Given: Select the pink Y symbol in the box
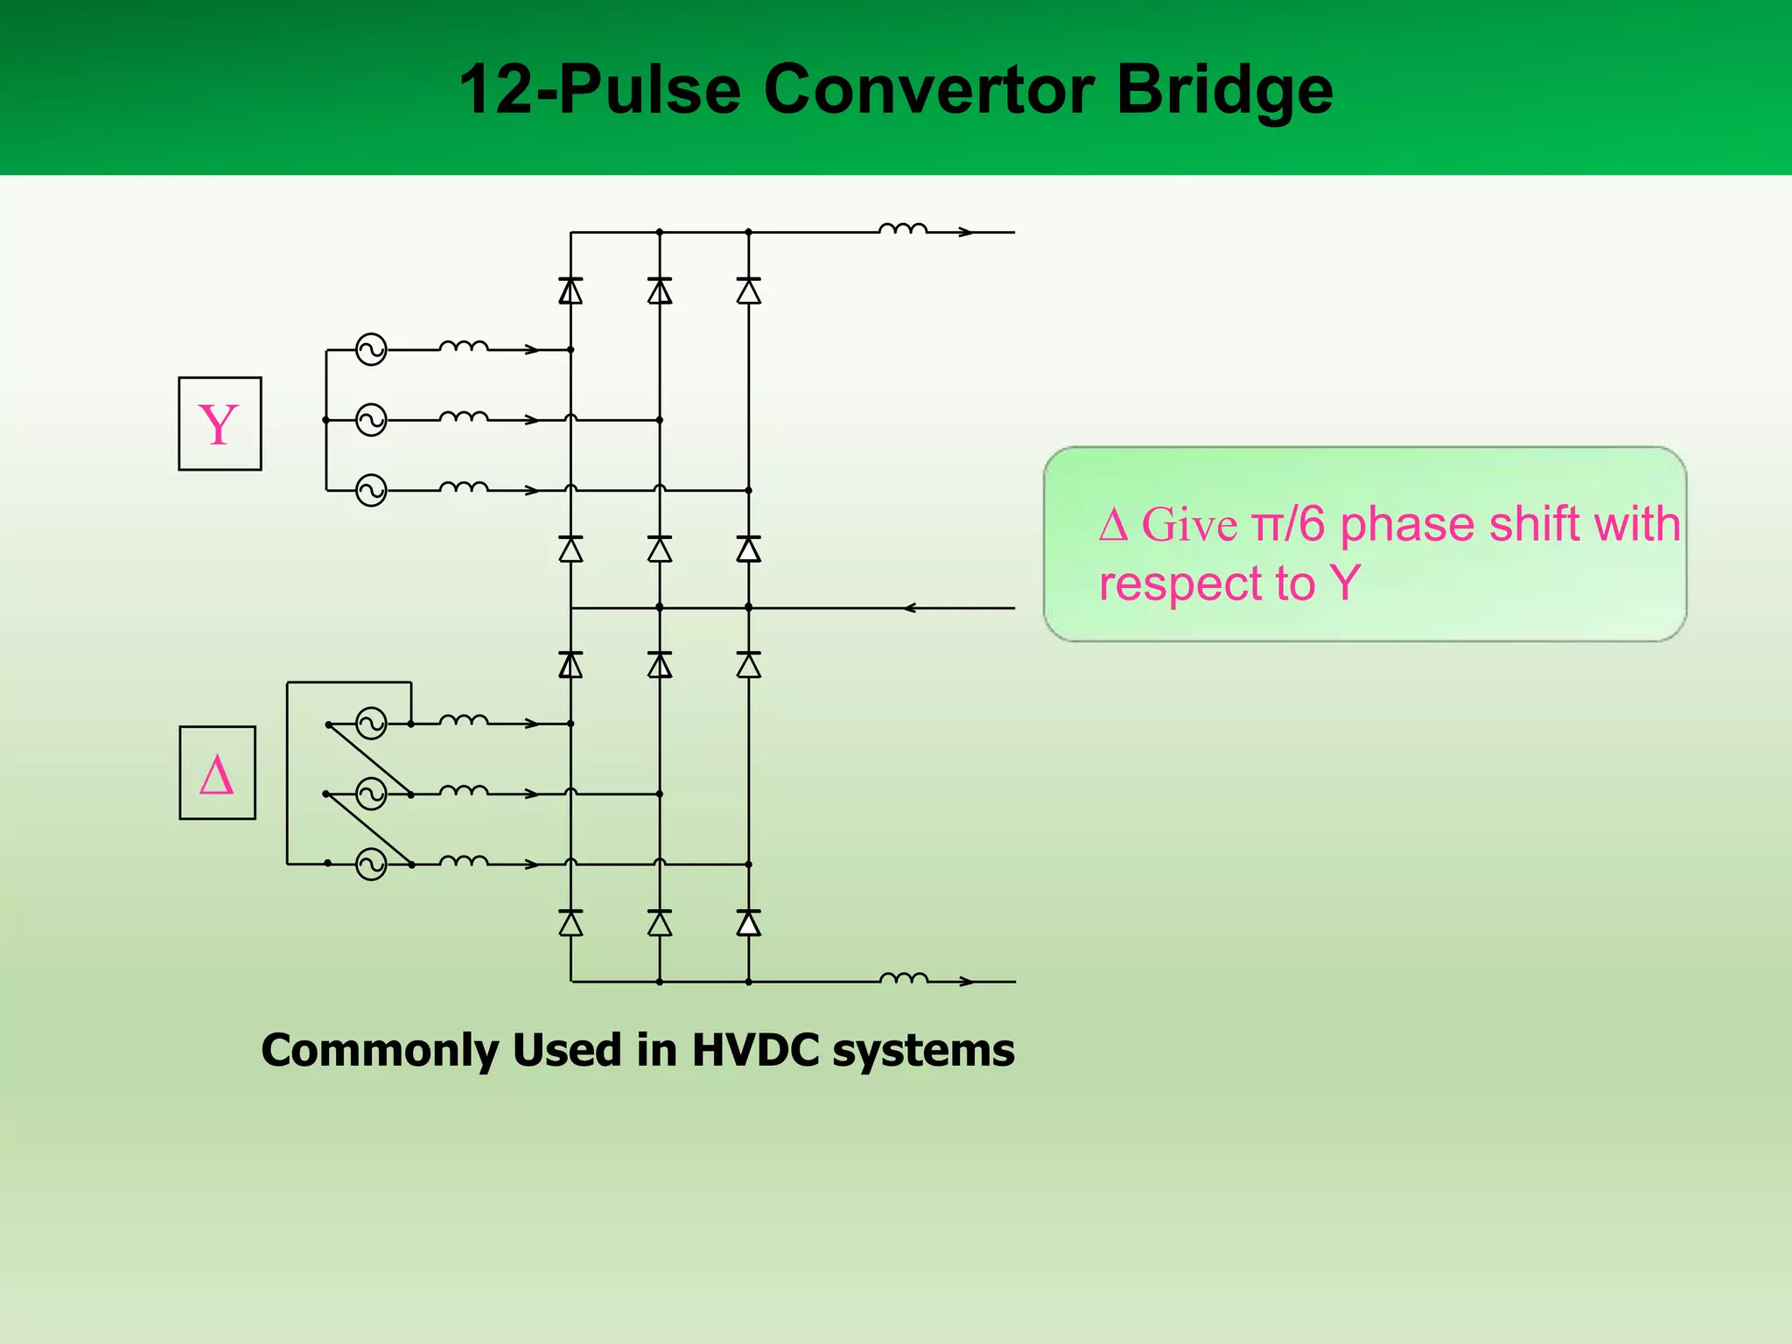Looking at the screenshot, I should point(218,425).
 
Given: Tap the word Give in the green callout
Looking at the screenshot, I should point(1189,526).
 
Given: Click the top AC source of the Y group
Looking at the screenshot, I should point(371,350).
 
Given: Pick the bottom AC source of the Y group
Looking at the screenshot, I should point(371,490).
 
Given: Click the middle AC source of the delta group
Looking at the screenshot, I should point(371,794).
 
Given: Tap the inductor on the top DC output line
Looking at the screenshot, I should point(903,229).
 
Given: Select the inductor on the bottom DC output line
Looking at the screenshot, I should point(903,977).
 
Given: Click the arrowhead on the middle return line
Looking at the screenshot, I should point(910,607).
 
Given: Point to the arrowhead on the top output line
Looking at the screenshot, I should point(966,233).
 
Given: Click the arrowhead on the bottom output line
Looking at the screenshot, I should point(966,982).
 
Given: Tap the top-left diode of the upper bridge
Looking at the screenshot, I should point(570,290).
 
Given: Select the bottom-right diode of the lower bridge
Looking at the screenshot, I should point(748,923).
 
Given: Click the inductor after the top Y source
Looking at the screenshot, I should point(464,346).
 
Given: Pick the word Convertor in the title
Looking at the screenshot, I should point(928,89).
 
